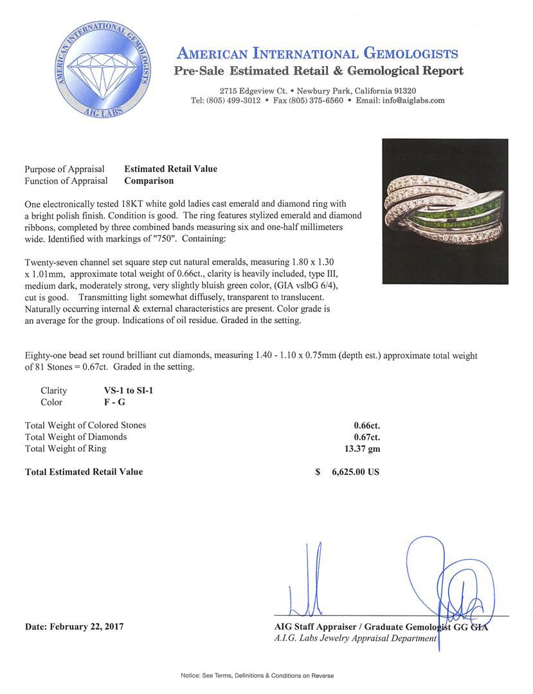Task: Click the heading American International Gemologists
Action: pyautogui.click(x=317, y=53)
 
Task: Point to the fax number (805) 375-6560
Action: pyautogui.click(x=316, y=100)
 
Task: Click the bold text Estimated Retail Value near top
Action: pyautogui.click(x=170, y=169)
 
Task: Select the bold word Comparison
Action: pyautogui.click(x=149, y=181)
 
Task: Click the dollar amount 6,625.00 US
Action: pyautogui.click(x=355, y=472)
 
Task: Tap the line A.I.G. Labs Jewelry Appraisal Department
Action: pyautogui.click(x=354, y=638)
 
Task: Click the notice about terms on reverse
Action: pyautogui.click(x=266, y=675)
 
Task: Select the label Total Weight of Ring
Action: pyautogui.click(x=66, y=449)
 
